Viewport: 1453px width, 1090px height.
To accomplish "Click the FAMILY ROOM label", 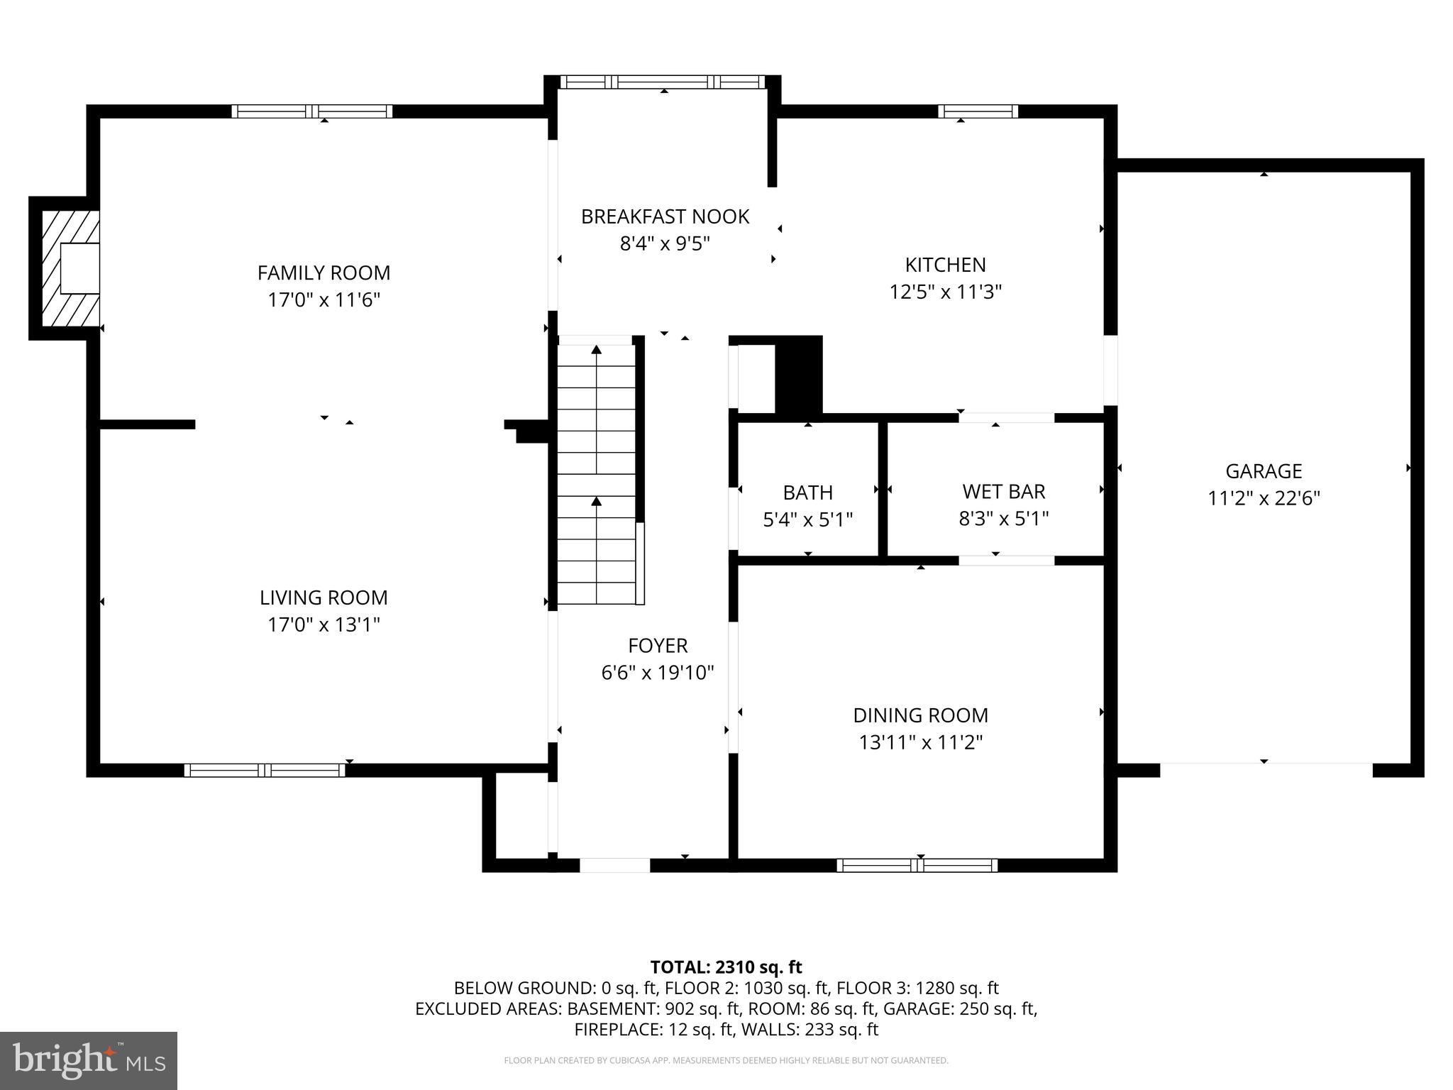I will [x=324, y=272].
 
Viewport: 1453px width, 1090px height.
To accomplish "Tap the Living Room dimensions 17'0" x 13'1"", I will [x=324, y=624].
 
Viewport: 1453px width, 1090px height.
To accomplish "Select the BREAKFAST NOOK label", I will [x=665, y=216].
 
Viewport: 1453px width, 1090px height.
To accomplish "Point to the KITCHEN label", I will [x=945, y=265].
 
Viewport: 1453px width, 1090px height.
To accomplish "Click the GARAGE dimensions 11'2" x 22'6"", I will [x=1264, y=498].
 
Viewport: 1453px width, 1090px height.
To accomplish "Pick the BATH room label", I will [x=807, y=492].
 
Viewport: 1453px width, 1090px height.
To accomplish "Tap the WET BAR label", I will [x=1003, y=491].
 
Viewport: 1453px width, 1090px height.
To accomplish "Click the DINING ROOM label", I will [x=920, y=715].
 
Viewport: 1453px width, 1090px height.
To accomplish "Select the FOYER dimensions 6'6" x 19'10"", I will [x=657, y=672].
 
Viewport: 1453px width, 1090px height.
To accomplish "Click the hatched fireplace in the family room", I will [x=70, y=269].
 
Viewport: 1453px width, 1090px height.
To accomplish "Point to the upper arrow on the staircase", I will [x=597, y=349].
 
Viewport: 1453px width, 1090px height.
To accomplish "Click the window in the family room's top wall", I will [x=312, y=111].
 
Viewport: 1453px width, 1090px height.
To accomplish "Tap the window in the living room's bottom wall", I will [x=264, y=770].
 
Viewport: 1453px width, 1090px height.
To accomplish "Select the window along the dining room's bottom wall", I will [x=917, y=865].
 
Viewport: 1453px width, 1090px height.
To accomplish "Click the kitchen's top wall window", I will [x=978, y=111].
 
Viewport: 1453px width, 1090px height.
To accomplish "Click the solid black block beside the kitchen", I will [x=799, y=375].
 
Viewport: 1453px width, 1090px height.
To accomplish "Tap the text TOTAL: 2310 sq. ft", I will [x=726, y=967].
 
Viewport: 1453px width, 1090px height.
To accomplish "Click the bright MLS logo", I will [x=89, y=1060].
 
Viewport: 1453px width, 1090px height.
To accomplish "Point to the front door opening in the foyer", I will [x=614, y=865].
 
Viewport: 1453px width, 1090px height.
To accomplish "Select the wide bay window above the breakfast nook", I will [x=663, y=82].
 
